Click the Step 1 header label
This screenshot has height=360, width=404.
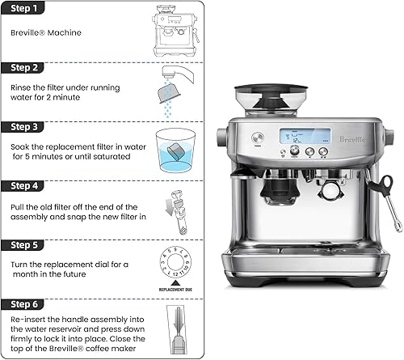tap(24, 9)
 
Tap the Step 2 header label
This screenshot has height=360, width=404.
tap(24, 67)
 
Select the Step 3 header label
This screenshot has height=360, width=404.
tap(24, 127)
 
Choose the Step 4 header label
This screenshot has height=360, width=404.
tap(24, 186)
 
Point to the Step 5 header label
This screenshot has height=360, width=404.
tap(24, 244)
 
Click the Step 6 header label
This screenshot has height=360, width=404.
tap(24, 304)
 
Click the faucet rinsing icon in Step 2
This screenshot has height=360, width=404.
tap(172, 93)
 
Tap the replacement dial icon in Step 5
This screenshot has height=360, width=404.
tap(175, 265)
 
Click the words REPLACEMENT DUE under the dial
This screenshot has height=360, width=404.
tap(175, 289)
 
